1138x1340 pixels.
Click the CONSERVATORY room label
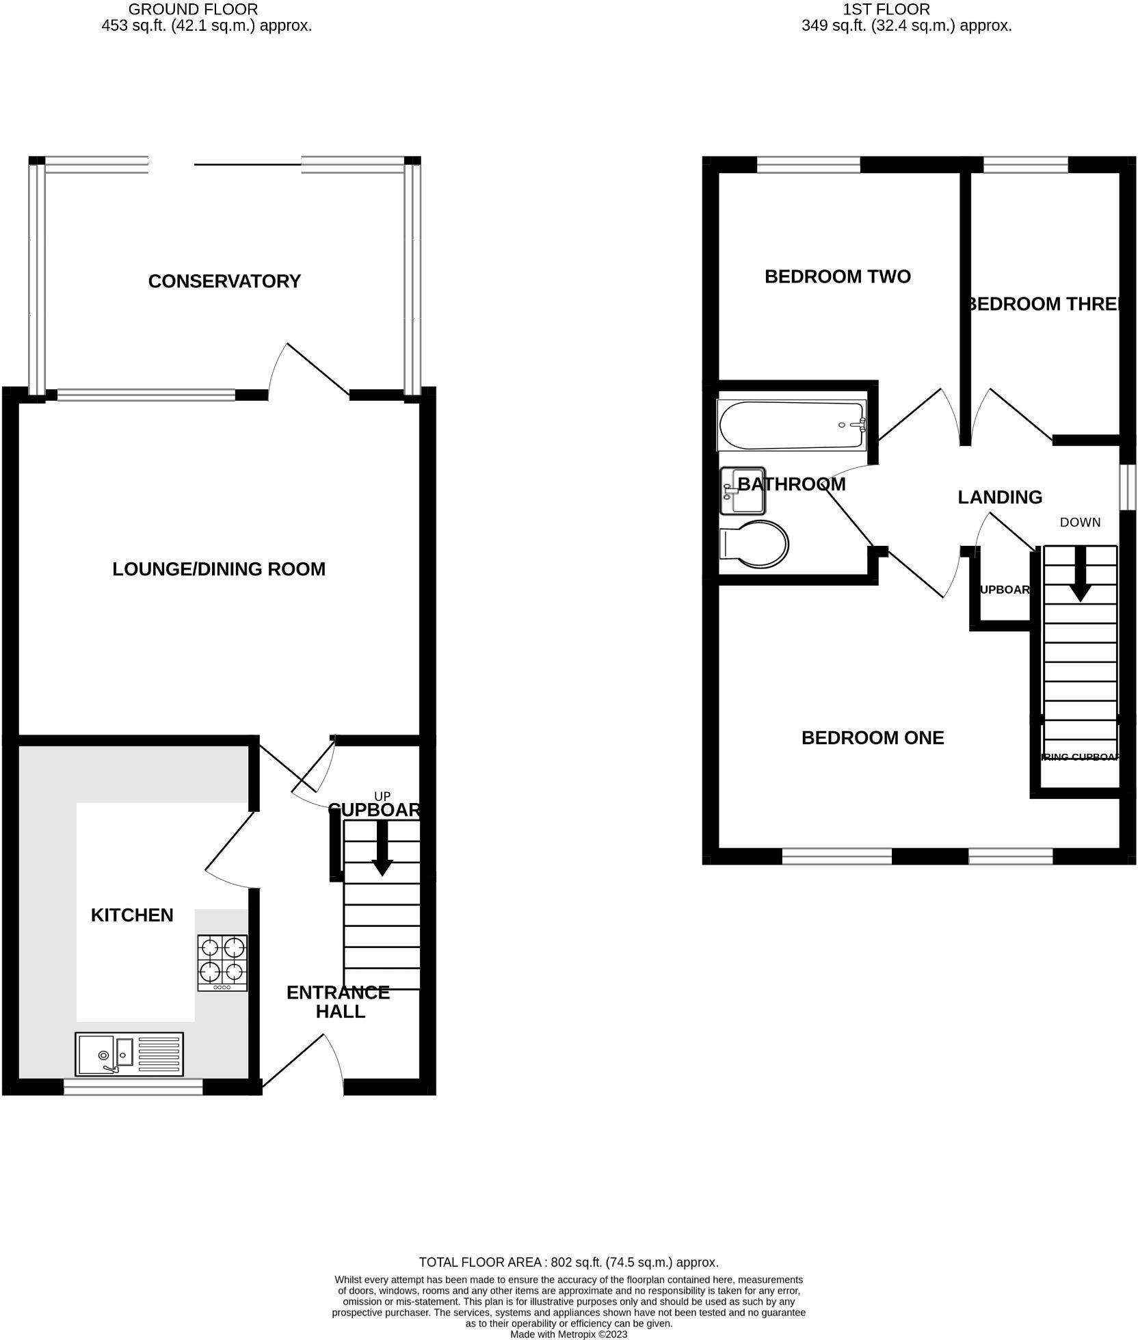coord(224,281)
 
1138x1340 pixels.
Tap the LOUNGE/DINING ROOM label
coord(219,569)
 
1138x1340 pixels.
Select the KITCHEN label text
coord(132,915)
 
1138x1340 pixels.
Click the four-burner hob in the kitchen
coord(222,962)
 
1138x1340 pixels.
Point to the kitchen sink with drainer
coord(129,1054)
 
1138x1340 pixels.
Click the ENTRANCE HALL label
coord(338,1002)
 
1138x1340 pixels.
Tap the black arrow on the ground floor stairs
coord(382,849)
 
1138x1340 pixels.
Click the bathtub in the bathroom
coord(791,425)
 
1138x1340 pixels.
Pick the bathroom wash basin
coord(743,491)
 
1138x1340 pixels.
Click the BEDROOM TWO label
coord(837,276)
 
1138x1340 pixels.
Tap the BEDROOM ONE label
coord(872,737)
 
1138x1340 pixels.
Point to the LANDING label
coord(999,497)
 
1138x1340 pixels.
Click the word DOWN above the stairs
coord(1080,523)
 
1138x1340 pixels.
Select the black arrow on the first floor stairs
coord(1080,575)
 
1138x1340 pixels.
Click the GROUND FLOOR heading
coord(193,10)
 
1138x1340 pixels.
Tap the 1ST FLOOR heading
coord(886,10)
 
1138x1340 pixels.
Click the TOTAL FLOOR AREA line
coord(568,1262)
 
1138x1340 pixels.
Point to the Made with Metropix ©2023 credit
coord(568,1334)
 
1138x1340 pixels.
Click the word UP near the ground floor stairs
coord(382,796)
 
